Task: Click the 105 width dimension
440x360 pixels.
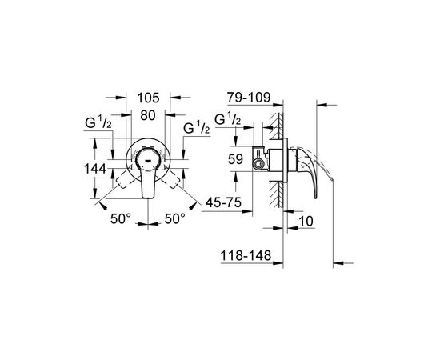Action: (x=148, y=98)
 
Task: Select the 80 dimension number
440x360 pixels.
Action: (x=148, y=115)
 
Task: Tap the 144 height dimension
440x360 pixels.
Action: (x=95, y=169)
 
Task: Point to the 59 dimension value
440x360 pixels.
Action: (x=235, y=159)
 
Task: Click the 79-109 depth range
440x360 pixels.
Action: (x=249, y=98)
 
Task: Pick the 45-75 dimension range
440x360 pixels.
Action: (x=223, y=202)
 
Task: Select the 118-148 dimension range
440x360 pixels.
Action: (x=246, y=256)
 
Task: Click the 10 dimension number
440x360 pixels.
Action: (x=306, y=221)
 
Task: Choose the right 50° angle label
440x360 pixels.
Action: (x=175, y=218)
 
